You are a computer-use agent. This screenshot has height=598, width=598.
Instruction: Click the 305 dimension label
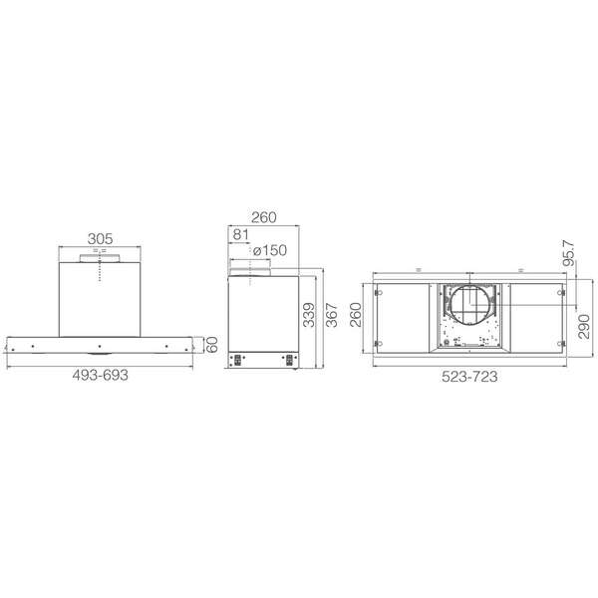(99, 239)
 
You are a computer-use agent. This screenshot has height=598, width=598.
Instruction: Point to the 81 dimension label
(240, 234)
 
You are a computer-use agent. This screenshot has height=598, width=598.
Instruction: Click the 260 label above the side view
(263, 217)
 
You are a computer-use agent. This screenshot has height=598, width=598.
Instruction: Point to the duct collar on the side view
(252, 269)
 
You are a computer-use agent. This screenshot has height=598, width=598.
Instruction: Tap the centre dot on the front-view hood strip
(101, 347)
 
